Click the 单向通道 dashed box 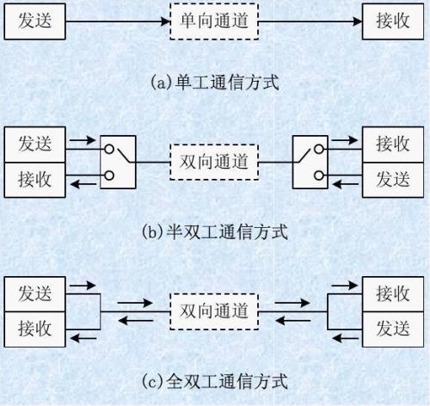tap(214, 22)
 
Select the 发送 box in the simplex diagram tap(34, 22)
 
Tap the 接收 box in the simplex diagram tap(393, 22)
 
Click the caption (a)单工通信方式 tap(215, 83)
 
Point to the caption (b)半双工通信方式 tap(215, 231)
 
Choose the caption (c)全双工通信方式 tap(215, 381)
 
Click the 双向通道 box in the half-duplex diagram tap(214, 162)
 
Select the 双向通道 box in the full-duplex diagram tap(214, 311)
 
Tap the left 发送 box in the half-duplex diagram tap(34, 145)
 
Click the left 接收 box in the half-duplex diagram tap(34, 180)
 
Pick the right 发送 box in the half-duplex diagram tap(393, 180)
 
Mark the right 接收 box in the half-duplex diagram tap(393, 145)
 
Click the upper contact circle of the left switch tap(109, 149)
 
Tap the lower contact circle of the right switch tap(319, 175)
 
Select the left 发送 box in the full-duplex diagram tap(34, 294)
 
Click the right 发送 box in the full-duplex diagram tap(393, 329)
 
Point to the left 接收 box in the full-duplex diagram tap(34, 329)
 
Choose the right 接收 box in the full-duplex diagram tap(393, 294)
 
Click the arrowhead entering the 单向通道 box tap(166, 22)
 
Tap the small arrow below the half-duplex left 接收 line tap(83, 184)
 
